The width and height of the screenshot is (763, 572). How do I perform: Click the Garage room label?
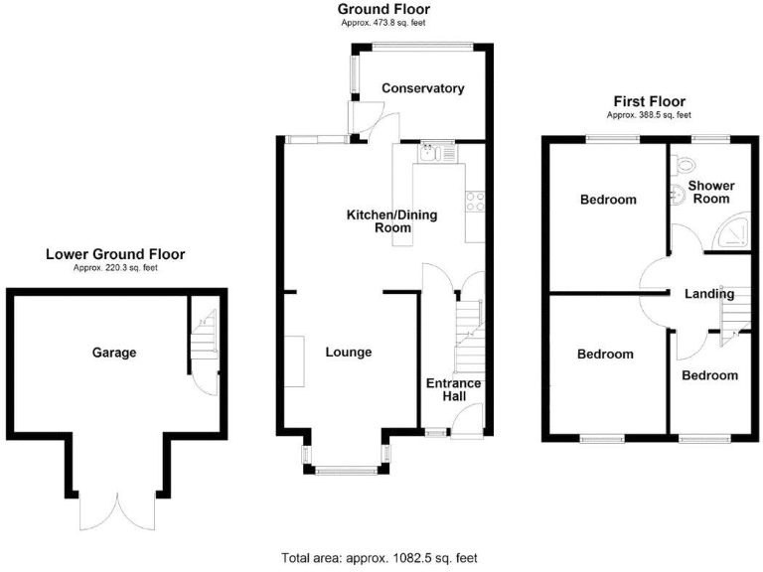coord(114,353)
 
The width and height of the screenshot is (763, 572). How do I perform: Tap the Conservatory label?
coord(423,88)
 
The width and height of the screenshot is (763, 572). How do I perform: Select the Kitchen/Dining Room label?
coord(391,221)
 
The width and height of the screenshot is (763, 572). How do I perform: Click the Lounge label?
coord(348,353)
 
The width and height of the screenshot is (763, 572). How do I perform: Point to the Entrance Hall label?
coord(453,390)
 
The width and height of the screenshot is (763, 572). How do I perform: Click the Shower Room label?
coord(711,192)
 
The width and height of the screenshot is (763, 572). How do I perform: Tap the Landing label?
coord(709,294)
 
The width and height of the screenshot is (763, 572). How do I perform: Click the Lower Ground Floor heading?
coord(115,255)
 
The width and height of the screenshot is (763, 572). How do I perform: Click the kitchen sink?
coord(435,154)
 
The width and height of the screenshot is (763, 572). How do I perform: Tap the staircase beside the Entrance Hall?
coord(467,333)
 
